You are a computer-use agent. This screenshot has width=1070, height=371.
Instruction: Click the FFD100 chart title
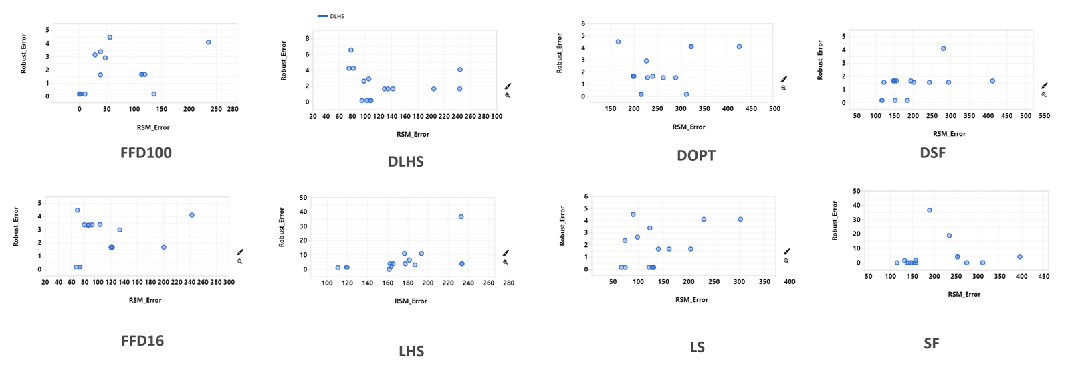click(x=146, y=153)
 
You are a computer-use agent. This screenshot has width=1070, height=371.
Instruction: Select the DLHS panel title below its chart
click(x=405, y=161)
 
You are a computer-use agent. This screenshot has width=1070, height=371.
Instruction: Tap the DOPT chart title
click(x=696, y=155)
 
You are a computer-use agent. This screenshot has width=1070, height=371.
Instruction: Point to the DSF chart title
click(x=932, y=153)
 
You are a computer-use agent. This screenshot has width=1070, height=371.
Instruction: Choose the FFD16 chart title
click(x=142, y=340)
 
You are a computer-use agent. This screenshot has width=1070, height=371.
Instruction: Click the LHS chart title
click(x=411, y=352)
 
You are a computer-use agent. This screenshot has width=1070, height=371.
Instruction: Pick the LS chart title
click(x=697, y=347)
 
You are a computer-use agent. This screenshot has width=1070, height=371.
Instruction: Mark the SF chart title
click(x=932, y=343)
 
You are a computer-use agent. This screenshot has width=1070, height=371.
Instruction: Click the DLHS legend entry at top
click(x=331, y=16)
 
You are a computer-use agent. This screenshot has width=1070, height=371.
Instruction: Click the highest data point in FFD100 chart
click(x=110, y=38)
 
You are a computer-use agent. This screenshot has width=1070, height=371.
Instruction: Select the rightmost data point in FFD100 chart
click(x=208, y=42)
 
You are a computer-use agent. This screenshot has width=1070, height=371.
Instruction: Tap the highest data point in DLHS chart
click(x=350, y=50)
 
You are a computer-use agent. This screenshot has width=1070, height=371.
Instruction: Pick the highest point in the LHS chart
click(x=461, y=216)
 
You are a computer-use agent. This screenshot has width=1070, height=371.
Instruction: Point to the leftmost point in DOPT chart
click(x=618, y=42)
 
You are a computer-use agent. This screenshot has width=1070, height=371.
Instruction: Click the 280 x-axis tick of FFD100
click(x=233, y=109)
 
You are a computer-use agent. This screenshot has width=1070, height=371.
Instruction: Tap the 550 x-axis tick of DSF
click(x=1044, y=116)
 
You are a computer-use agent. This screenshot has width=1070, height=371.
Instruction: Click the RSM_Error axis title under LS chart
click(x=691, y=300)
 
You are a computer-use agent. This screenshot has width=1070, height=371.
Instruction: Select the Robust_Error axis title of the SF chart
click(x=835, y=220)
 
